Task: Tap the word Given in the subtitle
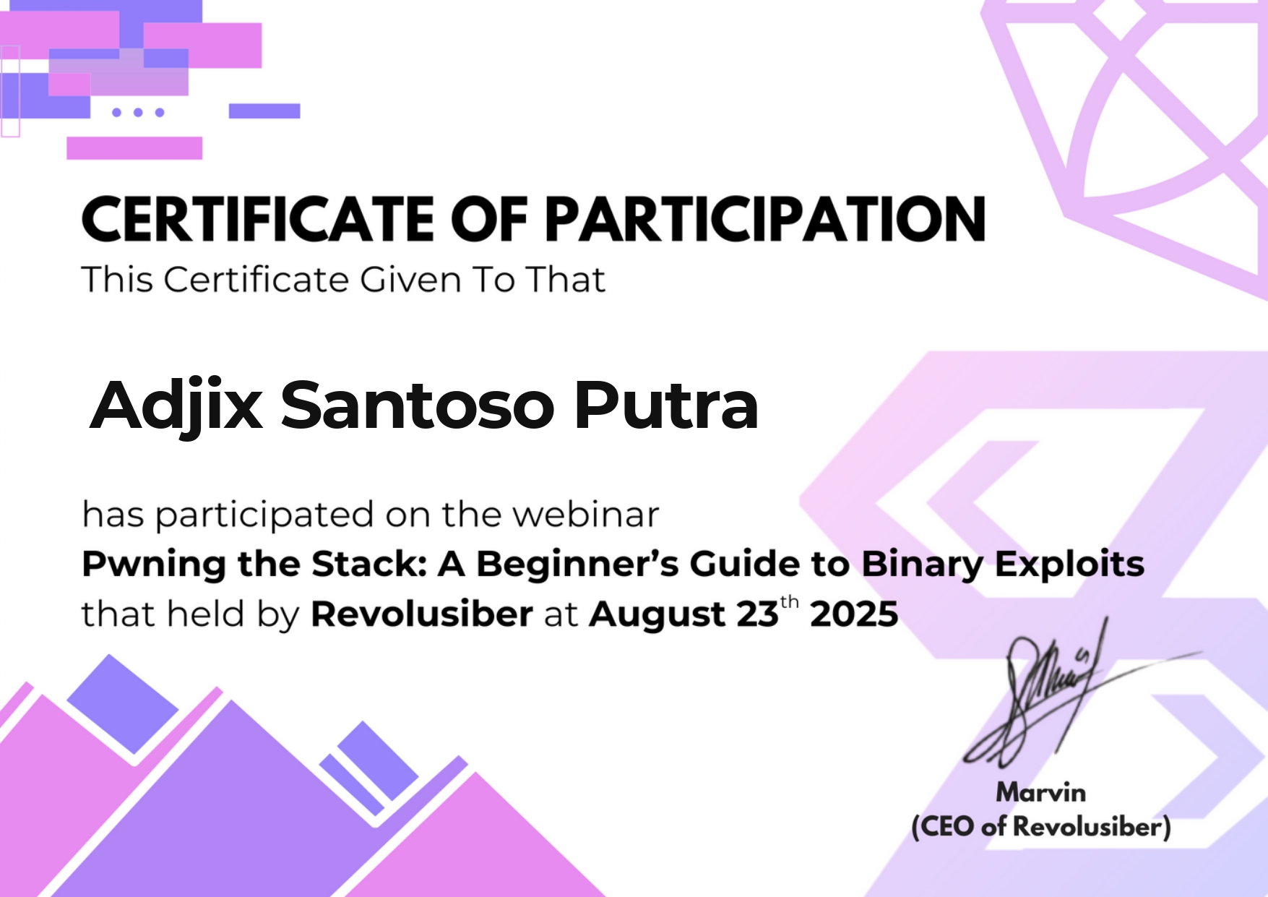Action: tap(410, 280)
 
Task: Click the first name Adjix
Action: tap(176, 406)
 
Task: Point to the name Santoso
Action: tap(418, 405)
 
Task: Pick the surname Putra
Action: tap(666, 405)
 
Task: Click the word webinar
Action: tap(586, 515)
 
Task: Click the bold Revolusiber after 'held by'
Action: tap(422, 614)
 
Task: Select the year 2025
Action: tap(854, 614)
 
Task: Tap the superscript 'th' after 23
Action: tap(790, 602)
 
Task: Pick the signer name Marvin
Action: tap(1041, 793)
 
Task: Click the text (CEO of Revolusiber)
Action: tap(1041, 826)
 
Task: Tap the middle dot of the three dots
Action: tap(138, 112)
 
